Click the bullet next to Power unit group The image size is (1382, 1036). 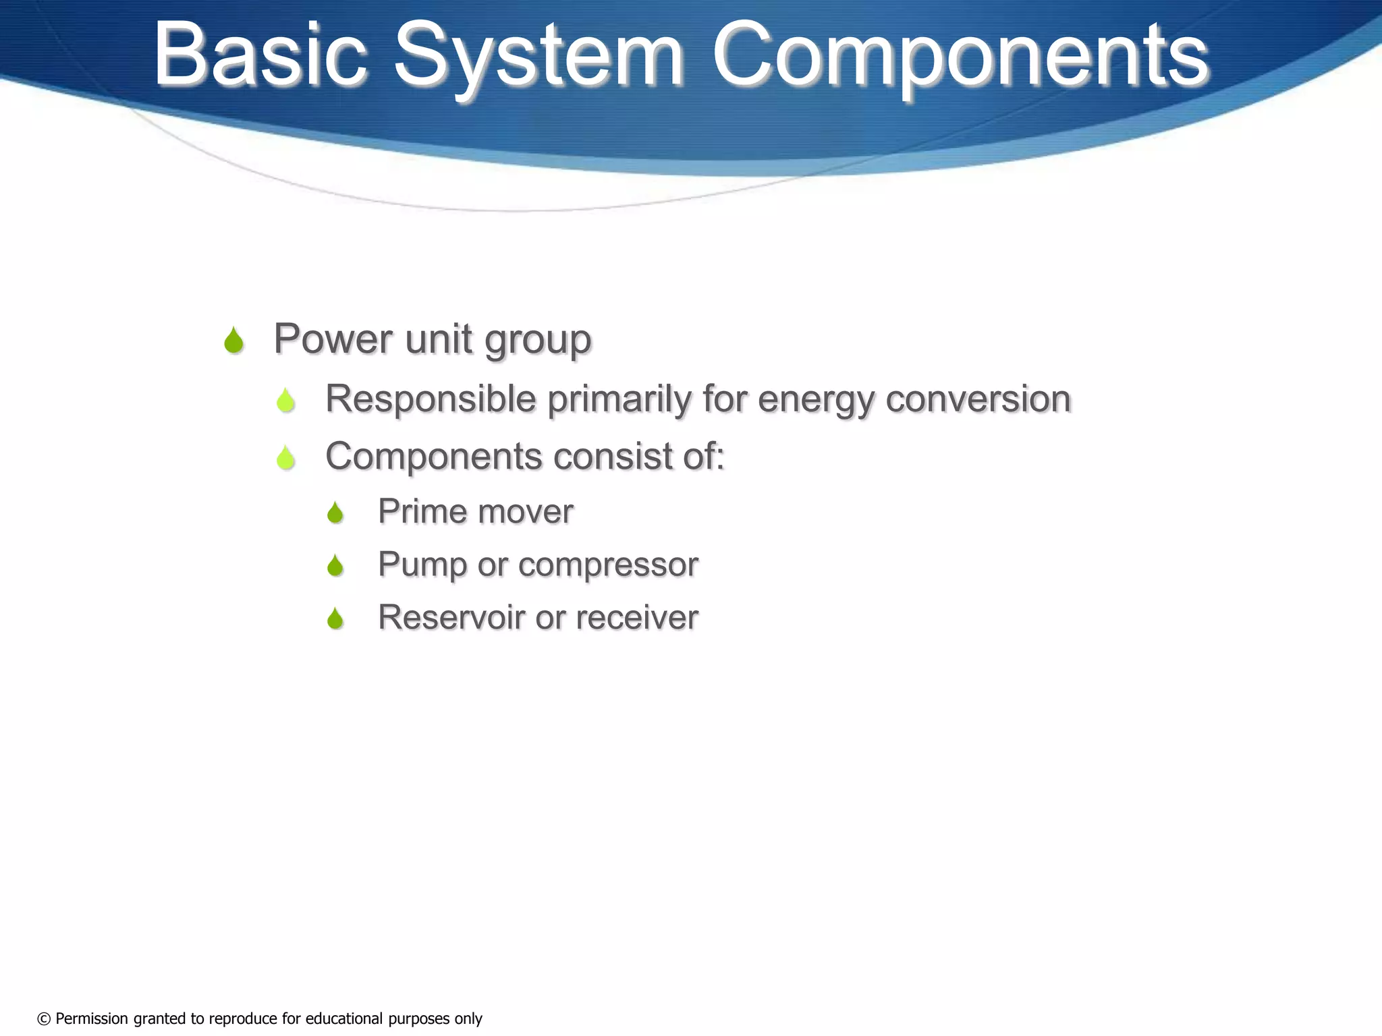click(233, 341)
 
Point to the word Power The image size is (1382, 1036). click(333, 339)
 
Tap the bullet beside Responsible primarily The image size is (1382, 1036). click(285, 401)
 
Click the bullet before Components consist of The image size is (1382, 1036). click(285, 458)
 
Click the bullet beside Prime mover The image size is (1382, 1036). click(335, 513)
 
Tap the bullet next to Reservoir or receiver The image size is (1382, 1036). click(335, 618)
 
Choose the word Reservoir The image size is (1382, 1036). click(451, 617)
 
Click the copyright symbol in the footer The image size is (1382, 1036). click(44, 1019)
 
